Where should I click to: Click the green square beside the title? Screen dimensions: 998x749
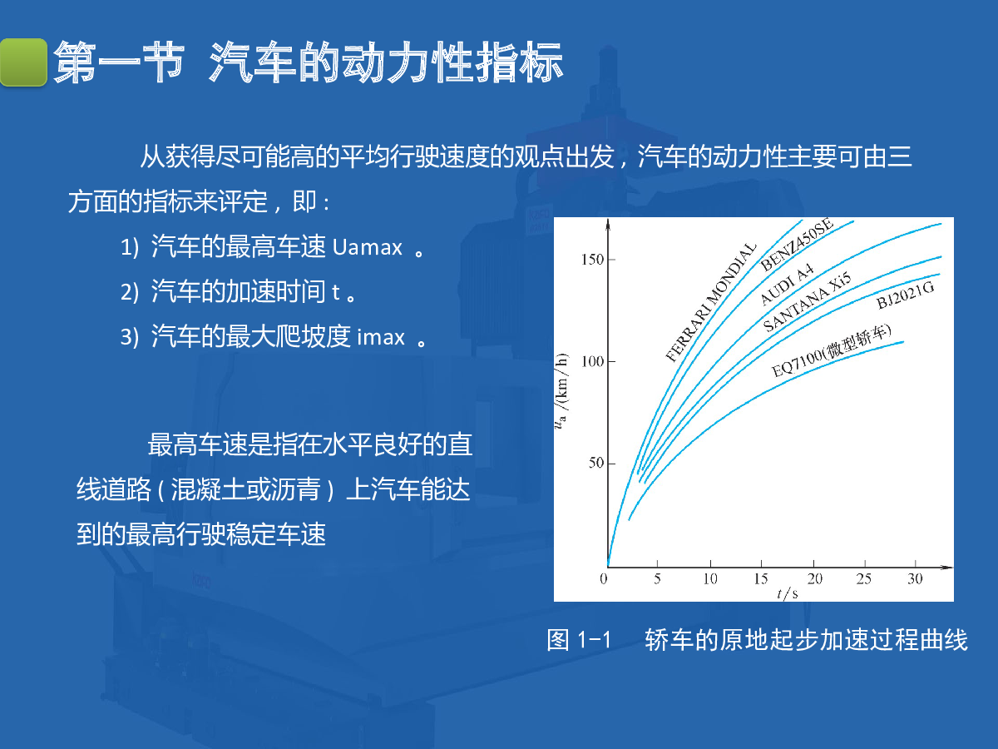click(x=23, y=62)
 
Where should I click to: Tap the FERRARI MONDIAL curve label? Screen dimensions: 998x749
click(x=710, y=302)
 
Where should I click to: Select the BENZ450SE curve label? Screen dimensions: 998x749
click(x=797, y=245)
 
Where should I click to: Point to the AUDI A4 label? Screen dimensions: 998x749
click(x=787, y=285)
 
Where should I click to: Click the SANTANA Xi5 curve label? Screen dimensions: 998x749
click(x=807, y=302)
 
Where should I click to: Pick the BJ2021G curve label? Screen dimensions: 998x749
click(x=905, y=295)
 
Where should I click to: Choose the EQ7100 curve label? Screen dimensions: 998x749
click(x=831, y=351)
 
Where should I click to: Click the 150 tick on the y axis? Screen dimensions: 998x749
click(x=592, y=260)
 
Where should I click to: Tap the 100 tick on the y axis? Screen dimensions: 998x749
click(x=592, y=361)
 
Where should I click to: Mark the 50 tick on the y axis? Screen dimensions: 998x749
click(x=595, y=463)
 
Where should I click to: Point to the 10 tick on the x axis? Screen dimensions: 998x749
click(x=710, y=579)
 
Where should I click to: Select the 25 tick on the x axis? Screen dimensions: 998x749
click(x=864, y=579)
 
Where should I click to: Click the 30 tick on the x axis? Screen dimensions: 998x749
click(x=916, y=579)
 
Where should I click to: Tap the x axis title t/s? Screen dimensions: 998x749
click(x=788, y=593)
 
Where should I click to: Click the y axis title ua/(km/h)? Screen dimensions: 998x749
click(x=562, y=391)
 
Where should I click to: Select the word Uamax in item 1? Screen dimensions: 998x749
click(x=368, y=248)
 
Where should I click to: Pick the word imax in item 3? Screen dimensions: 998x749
click(x=381, y=337)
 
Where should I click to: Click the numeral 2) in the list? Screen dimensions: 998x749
click(x=130, y=292)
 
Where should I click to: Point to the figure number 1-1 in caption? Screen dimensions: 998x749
click(x=594, y=640)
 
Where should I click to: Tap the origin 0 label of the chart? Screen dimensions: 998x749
click(x=603, y=579)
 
